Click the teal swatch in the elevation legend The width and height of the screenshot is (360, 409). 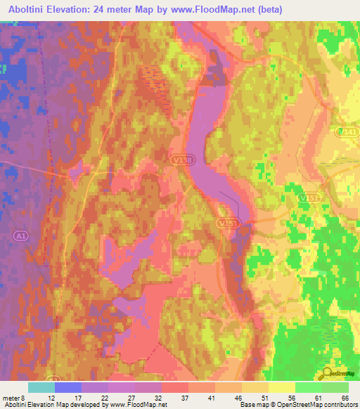tap(41, 387)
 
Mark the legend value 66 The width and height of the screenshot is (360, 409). tap(345, 397)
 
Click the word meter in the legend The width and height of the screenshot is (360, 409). tap(13, 397)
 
